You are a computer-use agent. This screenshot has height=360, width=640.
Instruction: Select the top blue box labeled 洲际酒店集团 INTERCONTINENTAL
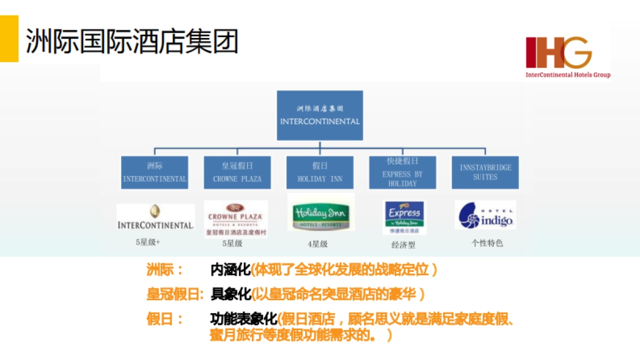point(320,115)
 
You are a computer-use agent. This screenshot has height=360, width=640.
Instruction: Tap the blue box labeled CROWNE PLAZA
point(237,172)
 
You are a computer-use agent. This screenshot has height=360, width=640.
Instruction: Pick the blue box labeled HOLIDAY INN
point(320,172)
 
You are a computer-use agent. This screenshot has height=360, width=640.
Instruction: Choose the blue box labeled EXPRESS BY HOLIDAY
point(403,172)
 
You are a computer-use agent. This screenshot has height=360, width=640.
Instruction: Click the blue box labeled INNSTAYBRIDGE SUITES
point(485,172)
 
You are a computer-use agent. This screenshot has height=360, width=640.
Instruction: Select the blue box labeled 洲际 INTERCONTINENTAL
point(155,172)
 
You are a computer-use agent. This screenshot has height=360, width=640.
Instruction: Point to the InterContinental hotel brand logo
point(155,218)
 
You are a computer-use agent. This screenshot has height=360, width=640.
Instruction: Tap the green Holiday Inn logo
point(321,215)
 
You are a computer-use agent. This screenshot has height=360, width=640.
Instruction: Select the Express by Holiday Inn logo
point(404,217)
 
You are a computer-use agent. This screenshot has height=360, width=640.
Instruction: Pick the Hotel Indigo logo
point(485,215)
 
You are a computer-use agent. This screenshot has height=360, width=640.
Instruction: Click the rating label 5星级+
point(148,242)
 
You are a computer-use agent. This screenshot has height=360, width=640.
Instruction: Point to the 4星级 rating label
point(317,244)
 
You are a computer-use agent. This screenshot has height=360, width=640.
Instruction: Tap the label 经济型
point(403,245)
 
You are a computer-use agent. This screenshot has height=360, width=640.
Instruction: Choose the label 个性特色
point(486,243)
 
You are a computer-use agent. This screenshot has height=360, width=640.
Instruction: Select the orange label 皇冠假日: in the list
point(175,294)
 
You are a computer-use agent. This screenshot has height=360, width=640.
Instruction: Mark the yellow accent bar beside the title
point(9,38)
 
